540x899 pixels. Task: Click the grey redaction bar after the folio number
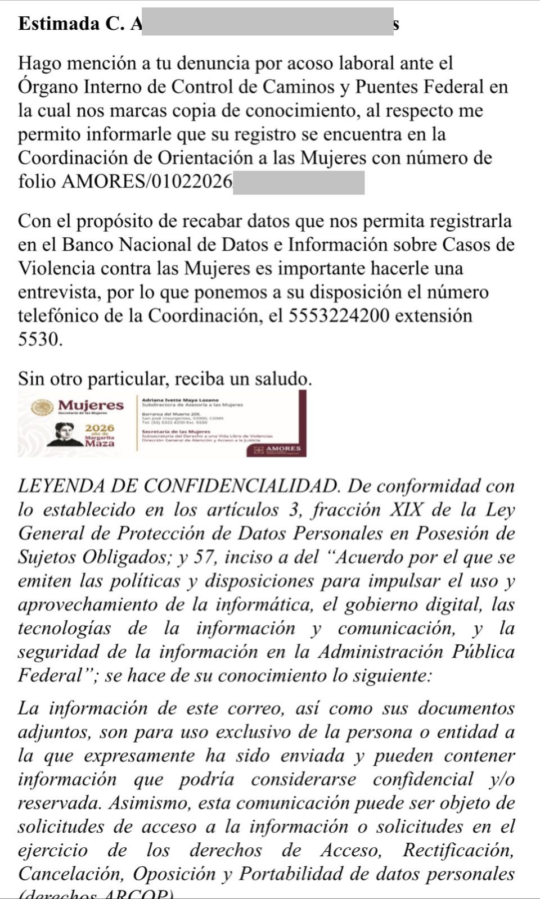(x=298, y=183)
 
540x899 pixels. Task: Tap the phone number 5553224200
(x=339, y=316)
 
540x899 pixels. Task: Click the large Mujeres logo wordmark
(x=91, y=405)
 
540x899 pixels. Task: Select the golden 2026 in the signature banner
(x=100, y=428)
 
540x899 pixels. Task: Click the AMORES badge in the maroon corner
(x=283, y=449)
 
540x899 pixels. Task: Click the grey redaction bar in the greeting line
(x=267, y=22)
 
